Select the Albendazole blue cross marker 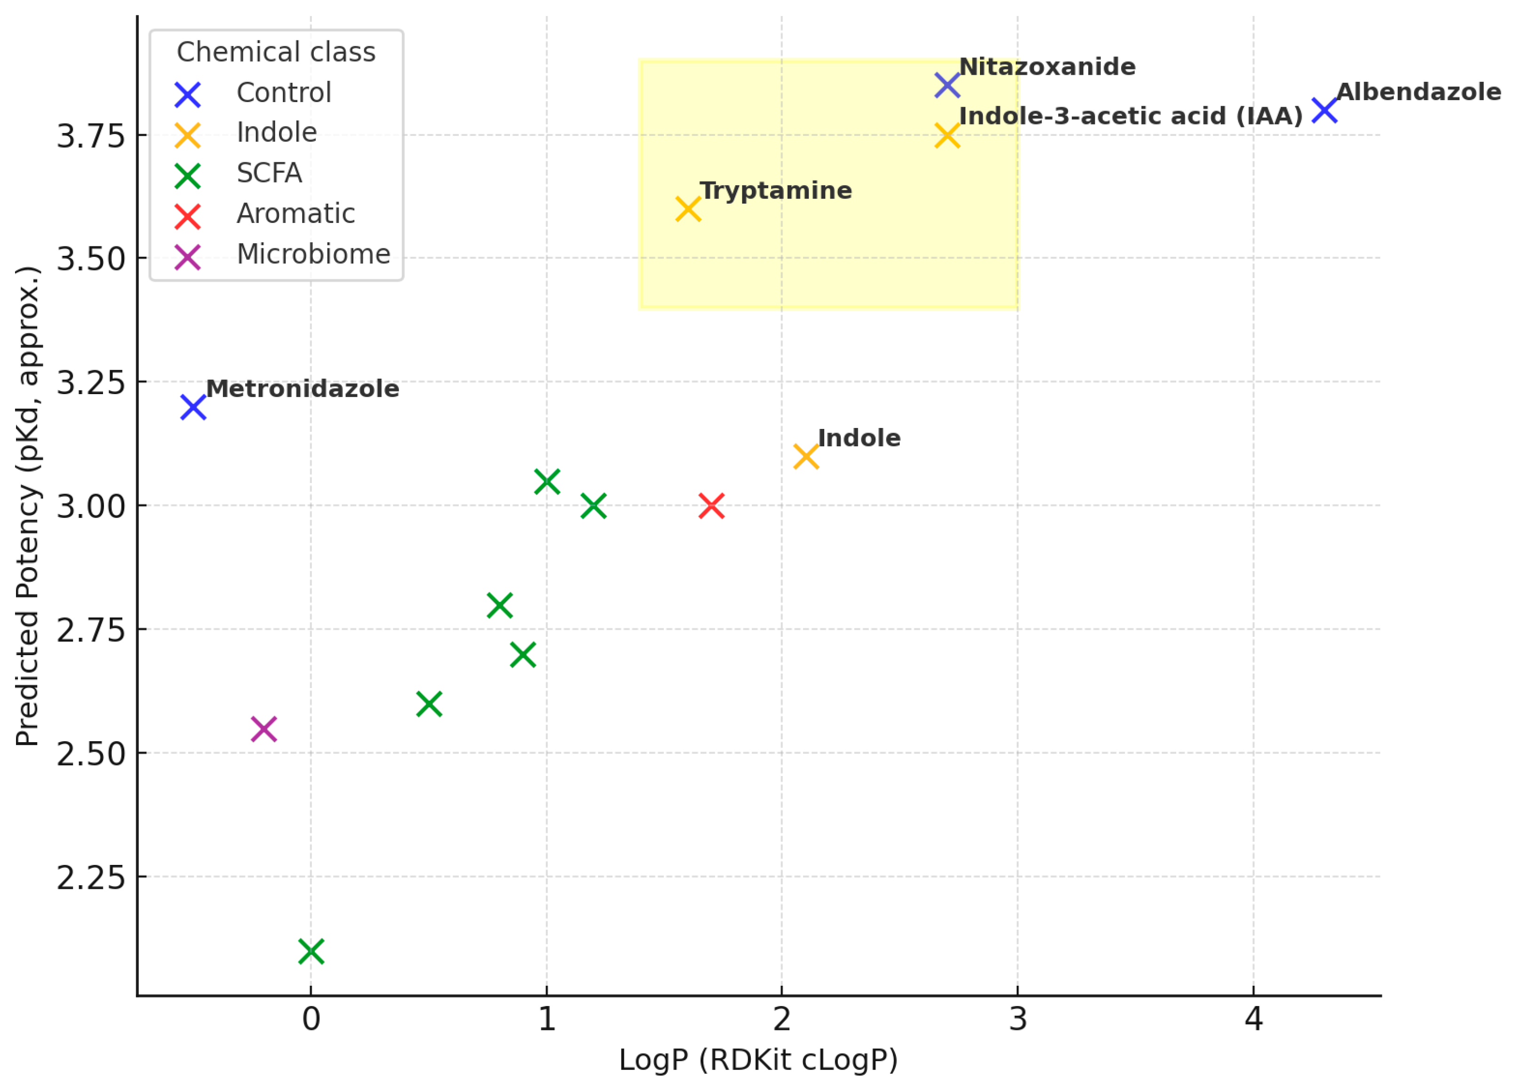[1324, 110]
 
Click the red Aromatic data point [711, 506]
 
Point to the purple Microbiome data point [263, 729]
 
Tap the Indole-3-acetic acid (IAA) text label [1131, 116]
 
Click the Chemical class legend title [276, 52]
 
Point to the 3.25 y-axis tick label [91, 383]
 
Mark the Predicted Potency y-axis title [28, 506]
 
